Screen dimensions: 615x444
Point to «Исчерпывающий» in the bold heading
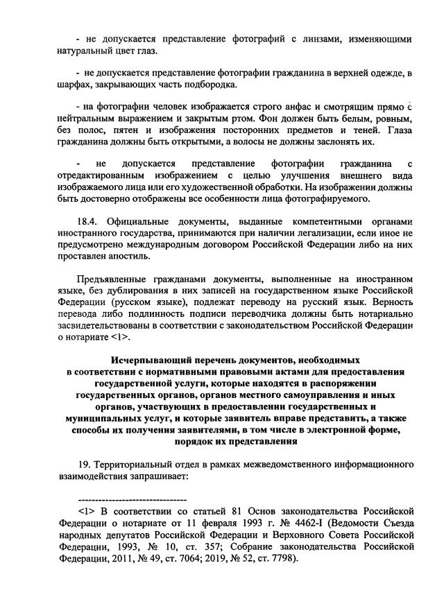(153, 361)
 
